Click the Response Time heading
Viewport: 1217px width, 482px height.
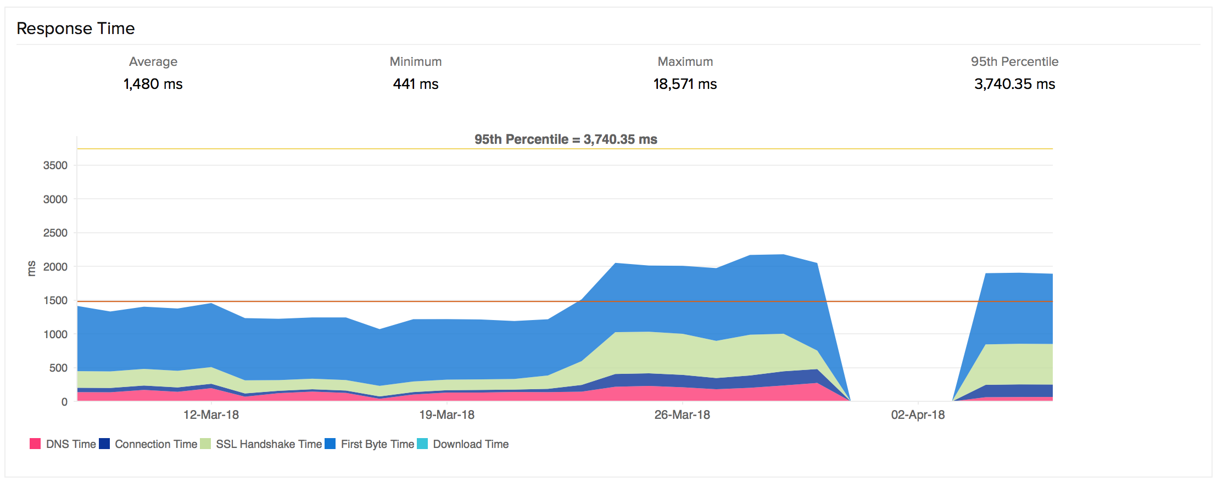click(76, 29)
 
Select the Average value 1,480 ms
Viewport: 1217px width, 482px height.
click(153, 84)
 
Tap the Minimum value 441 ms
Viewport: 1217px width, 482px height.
click(416, 84)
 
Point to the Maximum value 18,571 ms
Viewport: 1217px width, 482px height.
click(685, 84)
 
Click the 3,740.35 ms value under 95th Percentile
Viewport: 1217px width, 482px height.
click(1014, 84)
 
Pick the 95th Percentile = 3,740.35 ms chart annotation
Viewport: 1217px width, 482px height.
click(566, 139)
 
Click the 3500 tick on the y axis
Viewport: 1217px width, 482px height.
click(55, 165)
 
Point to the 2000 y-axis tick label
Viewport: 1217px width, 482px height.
click(55, 267)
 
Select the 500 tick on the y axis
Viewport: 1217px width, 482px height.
click(58, 368)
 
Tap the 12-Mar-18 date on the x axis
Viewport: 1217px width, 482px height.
click(211, 415)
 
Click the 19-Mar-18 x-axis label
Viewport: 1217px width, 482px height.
click(446, 415)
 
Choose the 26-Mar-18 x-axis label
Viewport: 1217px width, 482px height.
click(682, 415)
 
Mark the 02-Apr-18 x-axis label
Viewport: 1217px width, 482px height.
click(918, 415)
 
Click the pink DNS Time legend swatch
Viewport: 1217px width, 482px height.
click(35, 444)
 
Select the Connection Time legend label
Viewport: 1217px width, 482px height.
click(156, 444)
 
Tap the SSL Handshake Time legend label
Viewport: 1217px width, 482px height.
click(269, 444)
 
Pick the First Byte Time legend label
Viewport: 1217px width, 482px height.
click(377, 444)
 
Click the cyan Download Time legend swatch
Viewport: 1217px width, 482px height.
click(422, 444)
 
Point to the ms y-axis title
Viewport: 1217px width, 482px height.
click(31, 268)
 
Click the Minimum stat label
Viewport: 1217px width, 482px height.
click(416, 61)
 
